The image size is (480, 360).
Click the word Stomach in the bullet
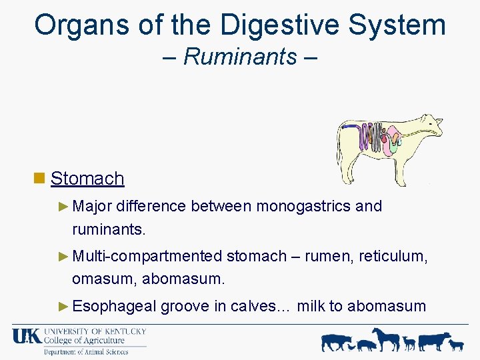pyautogui.click(x=87, y=179)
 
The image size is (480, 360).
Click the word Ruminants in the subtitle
pyautogui.click(x=240, y=57)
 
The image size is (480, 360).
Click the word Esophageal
pyautogui.click(x=114, y=306)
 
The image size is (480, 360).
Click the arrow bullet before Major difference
pyautogui.click(x=63, y=206)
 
